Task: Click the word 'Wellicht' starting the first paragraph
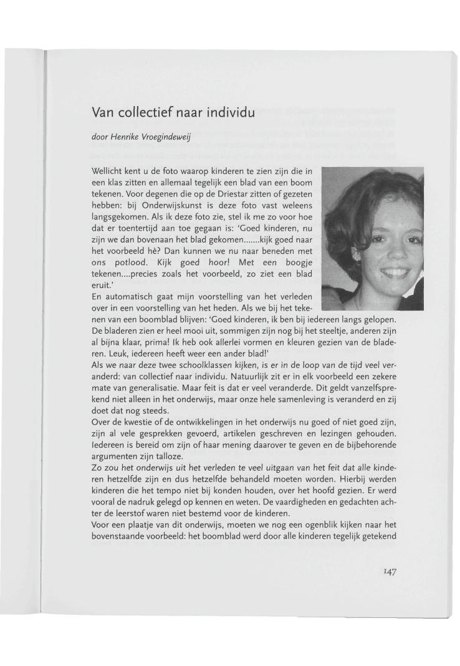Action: click(x=106, y=171)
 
